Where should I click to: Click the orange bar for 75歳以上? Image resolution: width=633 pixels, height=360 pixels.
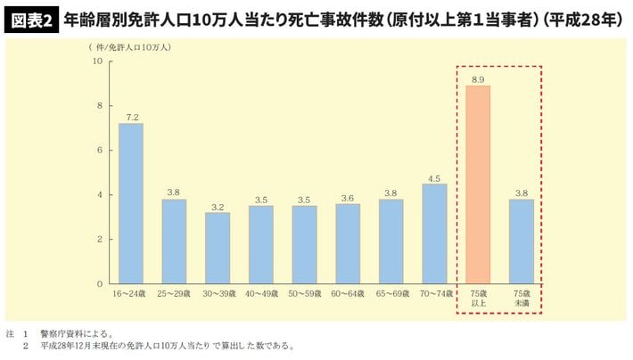click(x=478, y=184)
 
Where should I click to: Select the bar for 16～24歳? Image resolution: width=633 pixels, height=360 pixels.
click(x=131, y=203)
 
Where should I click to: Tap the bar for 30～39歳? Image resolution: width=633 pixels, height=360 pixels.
click(x=218, y=248)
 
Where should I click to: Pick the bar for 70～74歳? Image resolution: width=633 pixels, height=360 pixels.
click(x=434, y=233)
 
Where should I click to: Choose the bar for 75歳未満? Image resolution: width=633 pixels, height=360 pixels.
click(x=522, y=241)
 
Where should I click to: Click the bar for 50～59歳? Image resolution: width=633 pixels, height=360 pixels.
click(x=304, y=244)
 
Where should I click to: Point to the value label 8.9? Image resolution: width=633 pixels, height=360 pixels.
click(x=478, y=79)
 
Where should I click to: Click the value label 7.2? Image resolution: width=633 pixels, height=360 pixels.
click(x=131, y=117)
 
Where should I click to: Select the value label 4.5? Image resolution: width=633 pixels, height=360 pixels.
click(x=434, y=177)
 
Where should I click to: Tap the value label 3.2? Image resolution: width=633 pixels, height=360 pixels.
click(x=218, y=207)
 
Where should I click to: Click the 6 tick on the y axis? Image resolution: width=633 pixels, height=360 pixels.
click(x=99, y=151)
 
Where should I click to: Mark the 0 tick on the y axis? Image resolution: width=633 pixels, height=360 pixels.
click(x=99, y=283)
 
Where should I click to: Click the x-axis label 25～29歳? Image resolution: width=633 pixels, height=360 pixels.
click(x=174, y=292)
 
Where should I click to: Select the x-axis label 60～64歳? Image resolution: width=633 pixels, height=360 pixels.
click(x=348, y=292)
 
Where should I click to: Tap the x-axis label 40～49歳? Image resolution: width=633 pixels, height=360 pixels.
click(x=261, y=292)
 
